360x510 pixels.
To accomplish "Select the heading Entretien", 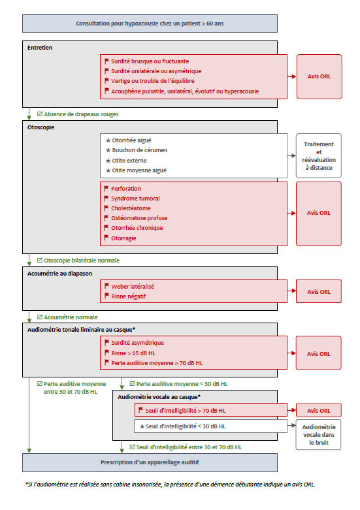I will coord(41,48).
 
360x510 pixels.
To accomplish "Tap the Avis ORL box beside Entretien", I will coord(319,76).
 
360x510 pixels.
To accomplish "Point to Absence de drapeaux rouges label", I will coord(81,114).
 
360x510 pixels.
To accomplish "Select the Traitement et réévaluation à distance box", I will coord(319,155).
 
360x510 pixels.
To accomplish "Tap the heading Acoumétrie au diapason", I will coord(61,273).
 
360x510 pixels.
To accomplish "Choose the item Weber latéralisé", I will coord(133,286).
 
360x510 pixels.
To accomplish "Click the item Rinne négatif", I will coord(129,296).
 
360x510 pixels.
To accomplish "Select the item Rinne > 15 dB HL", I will coord(138,353).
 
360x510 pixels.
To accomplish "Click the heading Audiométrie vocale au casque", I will coord(159,396).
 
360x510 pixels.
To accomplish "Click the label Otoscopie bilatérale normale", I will coord(82,260).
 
